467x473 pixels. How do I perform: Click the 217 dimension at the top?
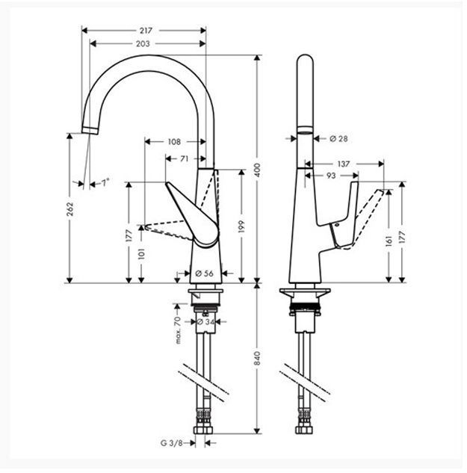(146, 31)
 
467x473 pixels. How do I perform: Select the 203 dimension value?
(143, 43)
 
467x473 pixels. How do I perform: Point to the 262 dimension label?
(69, 209)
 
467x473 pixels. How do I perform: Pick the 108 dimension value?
(173, 141)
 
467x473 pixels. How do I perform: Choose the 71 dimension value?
(183, 158)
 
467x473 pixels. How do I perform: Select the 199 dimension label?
(242, 226)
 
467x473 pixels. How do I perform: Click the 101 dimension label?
(142, 255)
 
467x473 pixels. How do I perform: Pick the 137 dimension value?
(344, 164)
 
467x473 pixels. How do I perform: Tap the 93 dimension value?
(331, 176)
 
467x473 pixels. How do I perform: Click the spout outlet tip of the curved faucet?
(89, 130)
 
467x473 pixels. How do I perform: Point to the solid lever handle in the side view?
(340, 217)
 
